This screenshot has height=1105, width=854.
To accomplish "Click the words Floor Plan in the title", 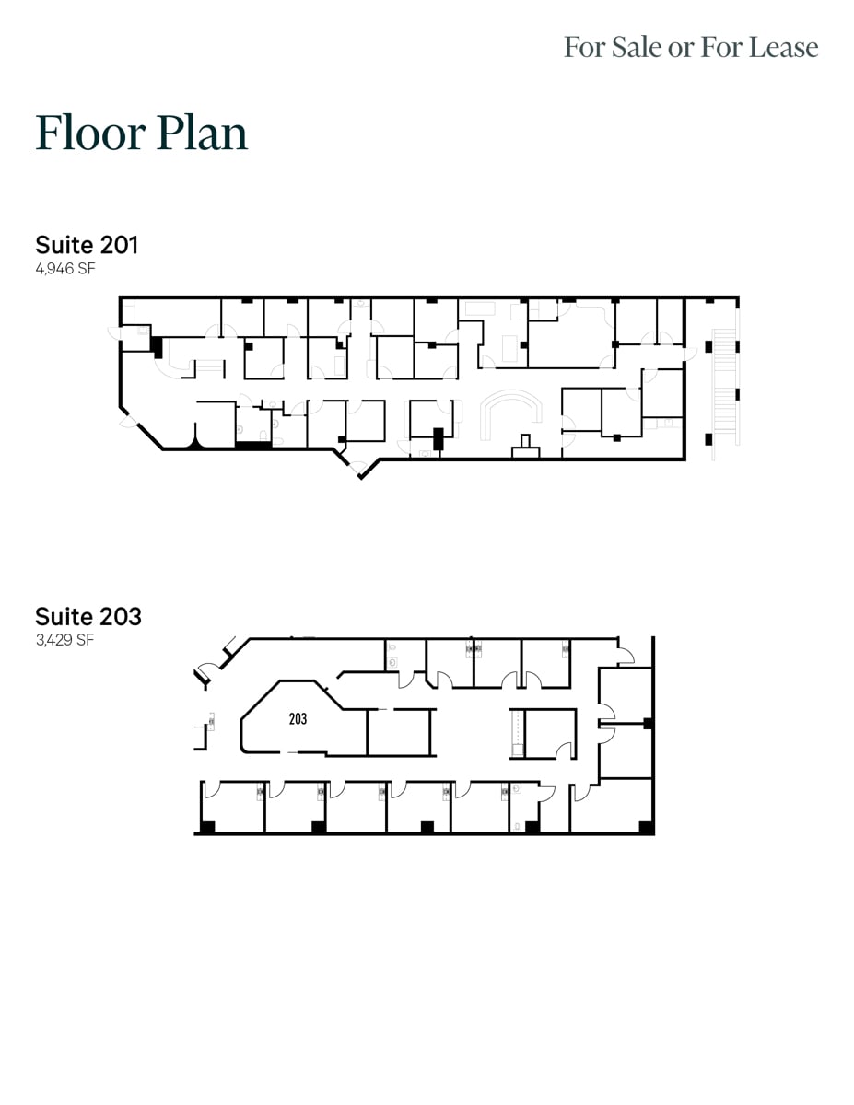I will tap(142, 133).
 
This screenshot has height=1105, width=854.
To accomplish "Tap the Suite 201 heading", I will tap(87, 245).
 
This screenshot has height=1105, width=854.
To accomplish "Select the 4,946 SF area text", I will tap(65, 269).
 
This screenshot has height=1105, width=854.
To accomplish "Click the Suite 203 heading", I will tap(88, 616).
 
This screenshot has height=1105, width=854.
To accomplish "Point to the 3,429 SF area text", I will tap(64, 640).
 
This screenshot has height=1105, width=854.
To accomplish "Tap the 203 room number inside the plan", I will tap(298, 719).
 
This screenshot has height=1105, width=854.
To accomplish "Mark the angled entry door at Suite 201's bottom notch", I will tap(355, 467).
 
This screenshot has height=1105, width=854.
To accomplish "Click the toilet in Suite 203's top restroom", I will tap(393, 659).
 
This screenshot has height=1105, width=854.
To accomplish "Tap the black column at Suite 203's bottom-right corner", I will tap(647, 827).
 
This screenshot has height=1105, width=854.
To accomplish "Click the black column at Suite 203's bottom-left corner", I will tap(208, 827).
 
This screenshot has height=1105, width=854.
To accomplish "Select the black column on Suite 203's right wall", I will tap(649, 723).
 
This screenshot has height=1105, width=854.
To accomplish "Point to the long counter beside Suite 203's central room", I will tap(518, 734).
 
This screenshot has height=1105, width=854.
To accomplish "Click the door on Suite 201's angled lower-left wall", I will tap(127, 425).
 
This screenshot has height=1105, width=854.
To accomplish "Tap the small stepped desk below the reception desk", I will tap(526, 446).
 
